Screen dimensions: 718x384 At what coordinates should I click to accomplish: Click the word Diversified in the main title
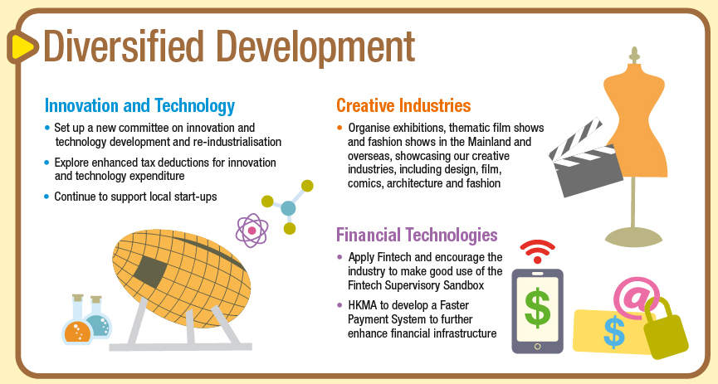pos(123,46)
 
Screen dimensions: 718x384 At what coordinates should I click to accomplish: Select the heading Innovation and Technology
pos(139,106)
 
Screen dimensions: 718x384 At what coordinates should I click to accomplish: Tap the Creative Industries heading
pos(403,105)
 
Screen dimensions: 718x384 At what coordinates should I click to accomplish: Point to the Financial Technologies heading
pos(417,235)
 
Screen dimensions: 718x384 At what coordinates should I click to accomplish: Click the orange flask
pos(77,319)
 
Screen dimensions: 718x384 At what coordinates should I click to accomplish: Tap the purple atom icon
pos(252,231)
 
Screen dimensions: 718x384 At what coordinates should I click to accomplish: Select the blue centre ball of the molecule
pos(288,208)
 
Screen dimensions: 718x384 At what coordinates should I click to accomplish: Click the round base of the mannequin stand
pos(633,237)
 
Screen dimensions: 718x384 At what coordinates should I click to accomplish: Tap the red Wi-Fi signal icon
pos(538,250)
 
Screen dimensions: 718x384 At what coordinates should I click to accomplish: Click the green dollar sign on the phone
pos(537,307)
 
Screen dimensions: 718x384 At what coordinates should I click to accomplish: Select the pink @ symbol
pos(636,298)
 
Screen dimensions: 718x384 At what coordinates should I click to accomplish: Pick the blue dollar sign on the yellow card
pos(613,332)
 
